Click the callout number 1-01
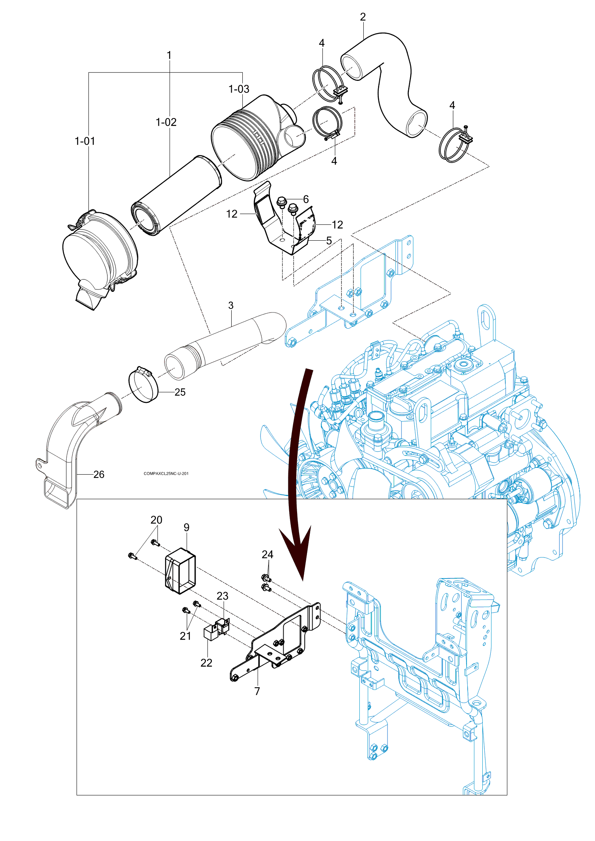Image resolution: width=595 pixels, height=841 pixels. click(x=85, y=141)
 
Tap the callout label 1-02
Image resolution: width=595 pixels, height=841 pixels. click(x=166, y=122)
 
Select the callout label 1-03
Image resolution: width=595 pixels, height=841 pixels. click(x=239, y=89)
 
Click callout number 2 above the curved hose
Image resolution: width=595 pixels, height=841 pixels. click(x=363, y=17)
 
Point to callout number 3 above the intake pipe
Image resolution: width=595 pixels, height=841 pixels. click(x=231, y=306)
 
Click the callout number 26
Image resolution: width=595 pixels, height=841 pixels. click(x=99, y=474)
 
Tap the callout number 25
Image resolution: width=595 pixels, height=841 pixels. click(x=180, y=392)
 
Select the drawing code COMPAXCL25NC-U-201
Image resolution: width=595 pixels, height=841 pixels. click(x=166, y=473)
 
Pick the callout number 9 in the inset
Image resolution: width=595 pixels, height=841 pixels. click(x=186, y=528)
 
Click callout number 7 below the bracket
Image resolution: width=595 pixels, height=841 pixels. click(x=257, y=691)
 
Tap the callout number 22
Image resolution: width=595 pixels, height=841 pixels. click(x=206, y=663)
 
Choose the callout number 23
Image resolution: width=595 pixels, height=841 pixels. click(x=223, y=596)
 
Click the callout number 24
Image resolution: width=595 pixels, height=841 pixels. click(x=267, y=555)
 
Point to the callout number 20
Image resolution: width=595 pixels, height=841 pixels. click(x=156, y=520)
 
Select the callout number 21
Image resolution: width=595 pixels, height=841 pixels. click(x=185, y=636)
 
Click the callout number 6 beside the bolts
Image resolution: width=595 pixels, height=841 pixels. click(x=306, y=199)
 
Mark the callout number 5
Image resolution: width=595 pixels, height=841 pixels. click(x=329, y=241)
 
